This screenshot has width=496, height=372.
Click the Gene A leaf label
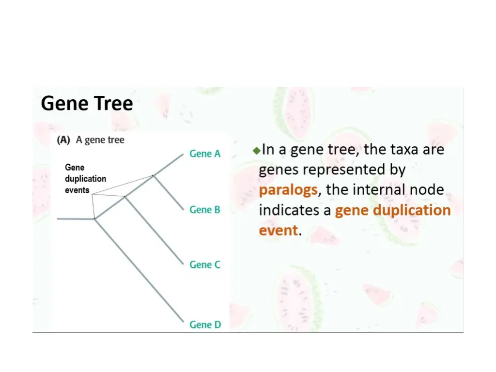click(205, 154)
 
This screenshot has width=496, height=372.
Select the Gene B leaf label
click(205, 210)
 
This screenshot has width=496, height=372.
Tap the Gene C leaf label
click(205, 264)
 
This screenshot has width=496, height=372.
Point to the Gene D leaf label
click(205, 325)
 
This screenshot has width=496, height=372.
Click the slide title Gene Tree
click(87, 103)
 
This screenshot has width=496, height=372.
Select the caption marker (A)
click(63, 140)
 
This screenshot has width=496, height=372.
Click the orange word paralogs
click(288, 189)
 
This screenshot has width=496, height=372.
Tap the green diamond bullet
click(256, 150)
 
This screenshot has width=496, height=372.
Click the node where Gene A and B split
click(154, 176)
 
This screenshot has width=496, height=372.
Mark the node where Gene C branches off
click(125, 197)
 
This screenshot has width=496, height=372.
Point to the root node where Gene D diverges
click(95, 219)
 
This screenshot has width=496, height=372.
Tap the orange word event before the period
click(278, 230)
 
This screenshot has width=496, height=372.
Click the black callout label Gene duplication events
click(85, 179)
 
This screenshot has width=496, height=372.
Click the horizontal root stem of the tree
click(76, 219)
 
